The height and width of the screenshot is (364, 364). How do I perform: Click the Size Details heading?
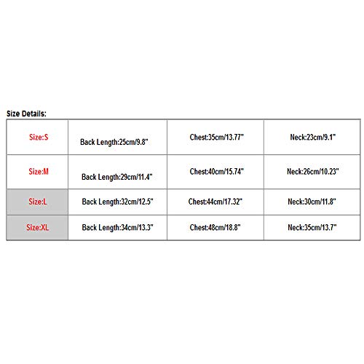click(x=26, y=114)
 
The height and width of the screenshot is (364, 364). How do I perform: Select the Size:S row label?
click(x=39, y=137)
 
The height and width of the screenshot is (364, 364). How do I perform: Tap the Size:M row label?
click(x=39, y=172)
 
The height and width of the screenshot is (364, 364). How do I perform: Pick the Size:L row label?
click(x=38, y=202)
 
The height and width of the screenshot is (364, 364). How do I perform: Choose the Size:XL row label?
click(x=37, y=227)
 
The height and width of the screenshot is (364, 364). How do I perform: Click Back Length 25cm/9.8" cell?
click(x=114, y=142)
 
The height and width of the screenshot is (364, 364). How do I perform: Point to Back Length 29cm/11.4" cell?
click(x=117, y=177)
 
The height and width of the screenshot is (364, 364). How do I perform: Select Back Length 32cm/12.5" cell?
click(x=117, y=202)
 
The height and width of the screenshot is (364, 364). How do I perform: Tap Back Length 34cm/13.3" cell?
click(x=117, y=228)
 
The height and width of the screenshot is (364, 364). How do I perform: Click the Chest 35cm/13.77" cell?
click(x=216, y=137)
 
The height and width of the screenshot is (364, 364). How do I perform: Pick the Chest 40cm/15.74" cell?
click(x=216, y=172)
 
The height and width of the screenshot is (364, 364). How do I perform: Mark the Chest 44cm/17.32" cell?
click(x=215, y=202)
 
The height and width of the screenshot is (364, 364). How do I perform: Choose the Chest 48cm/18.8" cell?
click(x=215, y=227)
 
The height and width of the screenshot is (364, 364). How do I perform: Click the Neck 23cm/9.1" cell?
click(x=313, y=137)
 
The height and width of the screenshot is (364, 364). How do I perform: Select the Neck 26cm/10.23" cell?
click(x=313, y=172)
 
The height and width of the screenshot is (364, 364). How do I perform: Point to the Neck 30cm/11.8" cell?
click(x=312, y=202)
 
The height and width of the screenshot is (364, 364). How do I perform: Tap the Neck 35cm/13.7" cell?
click(x=312, y=227)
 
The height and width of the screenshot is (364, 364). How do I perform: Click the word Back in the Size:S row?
click(x=87, y=142)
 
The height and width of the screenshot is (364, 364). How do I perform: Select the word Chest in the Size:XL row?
click(x=198, y=227)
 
